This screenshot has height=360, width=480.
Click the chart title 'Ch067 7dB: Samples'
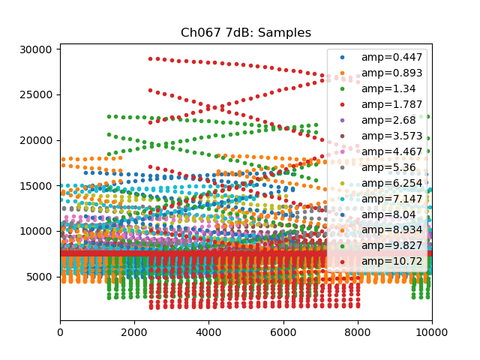click(246, 33)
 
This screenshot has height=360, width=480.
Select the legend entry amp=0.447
click(381, 57)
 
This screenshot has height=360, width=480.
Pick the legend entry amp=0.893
click(381, 73)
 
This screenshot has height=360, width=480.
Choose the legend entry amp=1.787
click(381, 104)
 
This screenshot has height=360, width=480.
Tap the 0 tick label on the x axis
click(60, 330)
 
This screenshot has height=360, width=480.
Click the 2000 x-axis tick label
click(134, 330)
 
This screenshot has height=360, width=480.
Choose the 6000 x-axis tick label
click(283, 330)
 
